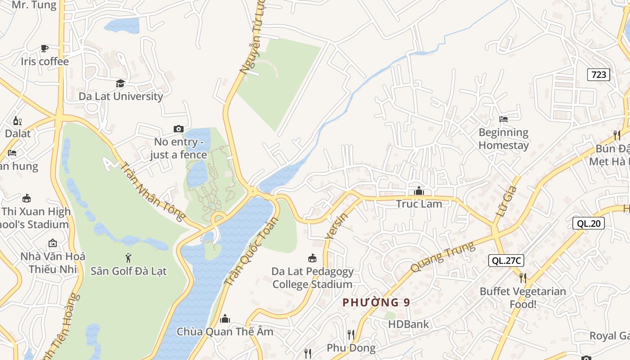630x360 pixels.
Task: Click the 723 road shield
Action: click(598, 75)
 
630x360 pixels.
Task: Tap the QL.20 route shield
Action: click(588, 223)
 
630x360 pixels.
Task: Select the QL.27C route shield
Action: click(506, 261)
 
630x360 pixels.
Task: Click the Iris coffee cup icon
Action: click(44, 48)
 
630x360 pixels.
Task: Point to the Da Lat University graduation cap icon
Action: click(120, 83)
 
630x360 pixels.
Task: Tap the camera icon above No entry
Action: click(179, 129)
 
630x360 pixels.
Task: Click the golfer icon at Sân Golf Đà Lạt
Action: click(129, 258)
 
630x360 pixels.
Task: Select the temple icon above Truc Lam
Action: click(419, 191)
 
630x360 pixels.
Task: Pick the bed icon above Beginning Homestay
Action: click(504, 119)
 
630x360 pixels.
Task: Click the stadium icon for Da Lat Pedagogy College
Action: click(312, 258)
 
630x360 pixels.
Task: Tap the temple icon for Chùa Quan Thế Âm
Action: click(225, 319)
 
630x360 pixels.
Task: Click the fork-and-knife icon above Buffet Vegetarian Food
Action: click(522, 278)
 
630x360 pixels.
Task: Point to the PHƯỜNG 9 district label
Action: click(376, 302)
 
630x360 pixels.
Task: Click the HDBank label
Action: click(409, 324)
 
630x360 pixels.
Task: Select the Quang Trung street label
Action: click(442, 257)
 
